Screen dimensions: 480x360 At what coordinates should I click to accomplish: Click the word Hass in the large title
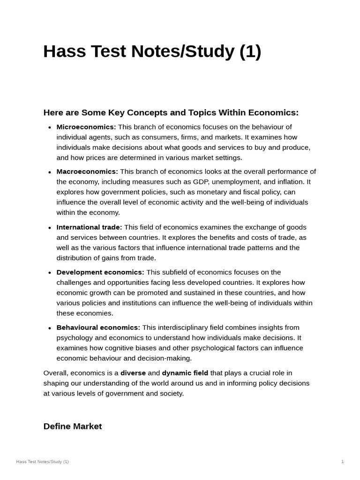point(62,52)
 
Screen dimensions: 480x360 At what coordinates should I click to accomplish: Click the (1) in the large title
point(250,52)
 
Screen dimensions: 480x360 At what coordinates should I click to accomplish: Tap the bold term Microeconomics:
point(86,127)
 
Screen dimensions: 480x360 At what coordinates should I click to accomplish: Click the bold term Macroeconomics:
point(87,172)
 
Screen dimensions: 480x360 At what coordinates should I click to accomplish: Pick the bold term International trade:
point(89,227)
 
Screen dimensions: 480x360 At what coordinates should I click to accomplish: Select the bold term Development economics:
point(100,272)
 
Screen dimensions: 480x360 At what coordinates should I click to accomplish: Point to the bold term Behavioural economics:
point(98,328)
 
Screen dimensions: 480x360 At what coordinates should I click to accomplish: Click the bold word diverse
point(133,373)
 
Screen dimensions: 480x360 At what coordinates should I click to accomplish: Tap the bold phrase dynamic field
point(185,373)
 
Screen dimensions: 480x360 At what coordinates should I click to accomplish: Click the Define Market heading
point(73,427)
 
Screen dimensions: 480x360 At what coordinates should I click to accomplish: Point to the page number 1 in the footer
point(342,462)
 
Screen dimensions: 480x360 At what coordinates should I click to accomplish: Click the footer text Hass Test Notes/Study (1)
point(42,462)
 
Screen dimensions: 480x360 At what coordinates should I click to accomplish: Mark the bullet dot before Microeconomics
point(50,127)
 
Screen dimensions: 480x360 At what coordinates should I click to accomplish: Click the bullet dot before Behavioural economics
point(50,328)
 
